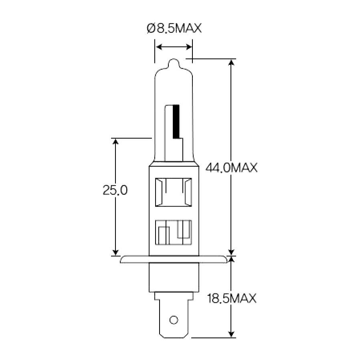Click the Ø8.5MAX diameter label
click(174, 29)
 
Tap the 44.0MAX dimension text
click(231, 168)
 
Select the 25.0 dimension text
click(115, 190)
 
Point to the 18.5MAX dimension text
click(231, 298)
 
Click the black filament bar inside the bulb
click(176, 120)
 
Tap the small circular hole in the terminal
click(174, 320)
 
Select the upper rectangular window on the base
click(174, 192)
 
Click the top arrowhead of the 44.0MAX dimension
click(231, 63)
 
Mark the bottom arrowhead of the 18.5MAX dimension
click(231, 334)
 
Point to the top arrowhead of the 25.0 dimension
click(115, 142)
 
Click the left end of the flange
click(122, 260)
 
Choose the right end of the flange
click(225, 260)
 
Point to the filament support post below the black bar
click(179, 150)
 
